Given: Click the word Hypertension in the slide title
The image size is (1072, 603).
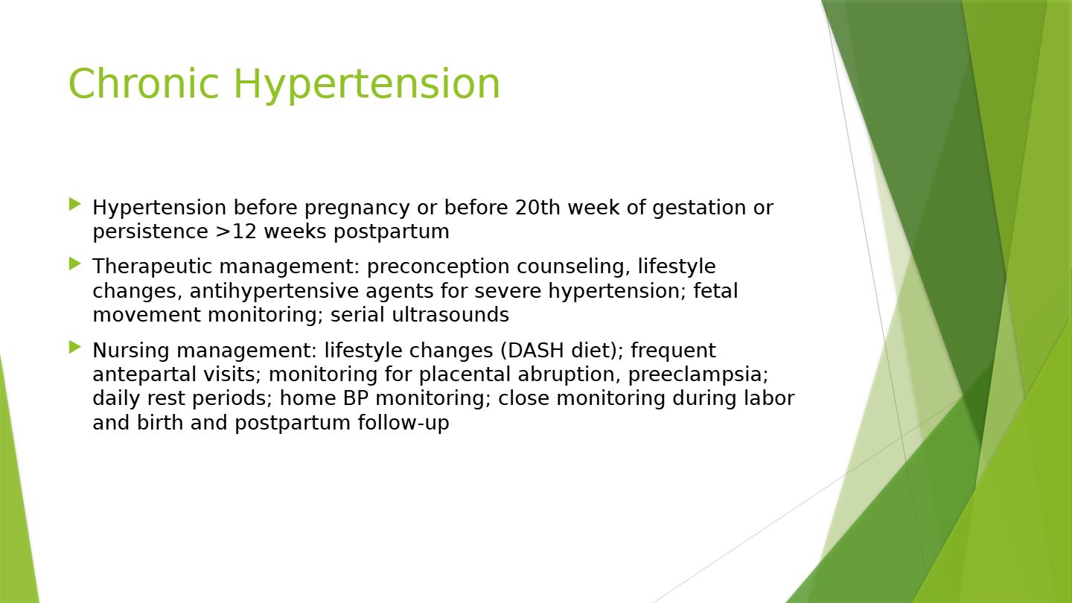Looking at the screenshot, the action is click(x=366, y=85).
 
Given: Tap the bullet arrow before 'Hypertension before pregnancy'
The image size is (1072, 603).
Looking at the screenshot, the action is click(x=74, y=204).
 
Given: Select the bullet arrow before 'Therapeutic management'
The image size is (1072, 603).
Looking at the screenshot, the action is click(x=74, y=264).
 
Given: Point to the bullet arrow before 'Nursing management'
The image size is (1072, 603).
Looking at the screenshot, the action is click(x=74, y=348).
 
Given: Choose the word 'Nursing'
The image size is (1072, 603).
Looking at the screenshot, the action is click(x=131, y=351).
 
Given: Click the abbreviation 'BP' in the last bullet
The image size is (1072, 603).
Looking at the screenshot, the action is click(x=356, y=399).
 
